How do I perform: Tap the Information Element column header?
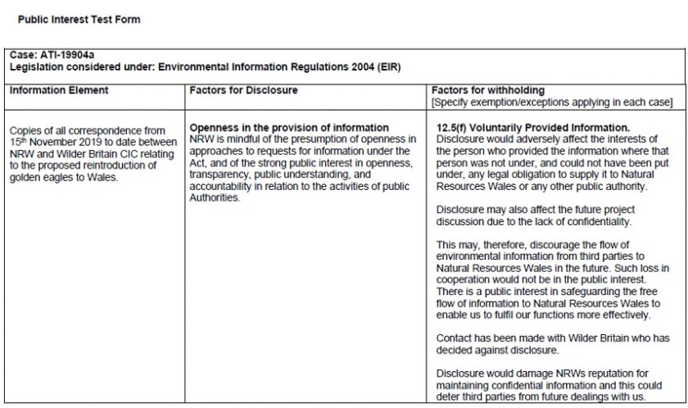tap(58, 91)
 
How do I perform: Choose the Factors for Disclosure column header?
tap(243, 91)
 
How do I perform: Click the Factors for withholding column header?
tap(487, 91)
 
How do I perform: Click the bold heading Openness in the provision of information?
tap(289, 129)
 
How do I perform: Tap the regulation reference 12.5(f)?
tap(452, 129)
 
